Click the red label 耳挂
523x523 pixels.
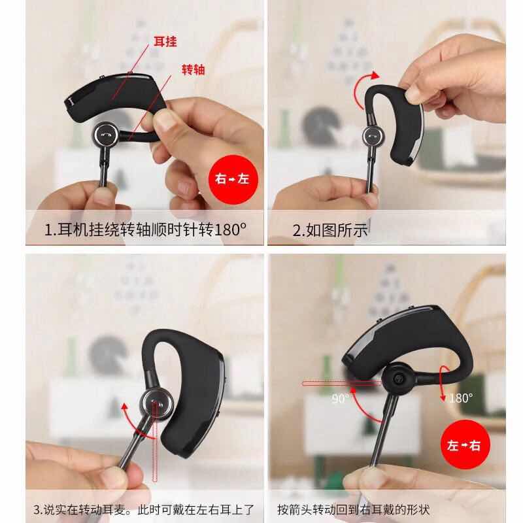[165, 41]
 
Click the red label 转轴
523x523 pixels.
[194, 69]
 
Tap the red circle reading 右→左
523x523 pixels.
[233, 179]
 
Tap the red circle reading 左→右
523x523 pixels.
[465, 445]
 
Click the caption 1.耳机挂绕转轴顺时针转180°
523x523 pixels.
[145, 229]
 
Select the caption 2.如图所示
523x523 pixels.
[330, 230]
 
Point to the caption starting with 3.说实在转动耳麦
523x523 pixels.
[143, 509]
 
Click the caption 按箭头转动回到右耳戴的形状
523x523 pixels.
[354, 509]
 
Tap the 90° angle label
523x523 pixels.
[340, 398]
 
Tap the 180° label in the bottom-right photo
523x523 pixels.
[460, 397]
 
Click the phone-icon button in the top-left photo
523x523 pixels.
[105, 135]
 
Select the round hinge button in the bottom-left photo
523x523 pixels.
[156, 404]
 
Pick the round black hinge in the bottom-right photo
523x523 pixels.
[398, 379]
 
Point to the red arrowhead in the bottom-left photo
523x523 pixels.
[124, 406]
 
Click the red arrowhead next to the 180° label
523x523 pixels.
[443, 398]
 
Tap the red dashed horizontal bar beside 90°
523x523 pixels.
[341, 384]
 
